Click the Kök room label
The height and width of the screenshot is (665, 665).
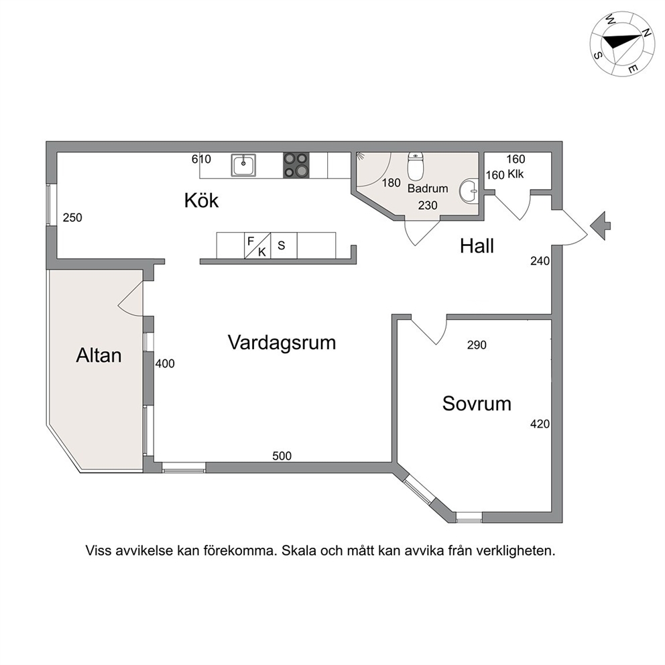pos(202,200)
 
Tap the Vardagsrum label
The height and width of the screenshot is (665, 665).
pos(282,343)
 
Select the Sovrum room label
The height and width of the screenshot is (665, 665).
pos(477,404)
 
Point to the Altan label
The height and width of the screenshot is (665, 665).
pos(99,355)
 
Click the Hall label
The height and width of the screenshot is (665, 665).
pos(477,246)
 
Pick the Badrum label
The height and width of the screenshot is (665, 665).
pos(428,188)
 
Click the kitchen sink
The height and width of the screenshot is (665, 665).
pos(243,166)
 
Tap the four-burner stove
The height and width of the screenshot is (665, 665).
pos(296,165)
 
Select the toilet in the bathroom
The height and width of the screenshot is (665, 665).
pos(416,166)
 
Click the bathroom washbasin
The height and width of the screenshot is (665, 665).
pos(469,191)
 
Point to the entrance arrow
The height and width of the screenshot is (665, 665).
pos(600,226)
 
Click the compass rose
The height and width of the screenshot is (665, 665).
pos(622,44)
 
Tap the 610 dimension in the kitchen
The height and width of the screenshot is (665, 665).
pos(201,159)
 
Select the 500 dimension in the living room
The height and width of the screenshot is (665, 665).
pos(282,456)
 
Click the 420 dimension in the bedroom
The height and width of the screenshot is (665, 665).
pos(540,424)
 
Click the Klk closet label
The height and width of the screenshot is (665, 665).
pos(516,174)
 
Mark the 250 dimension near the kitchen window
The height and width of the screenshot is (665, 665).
pos(72,218)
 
